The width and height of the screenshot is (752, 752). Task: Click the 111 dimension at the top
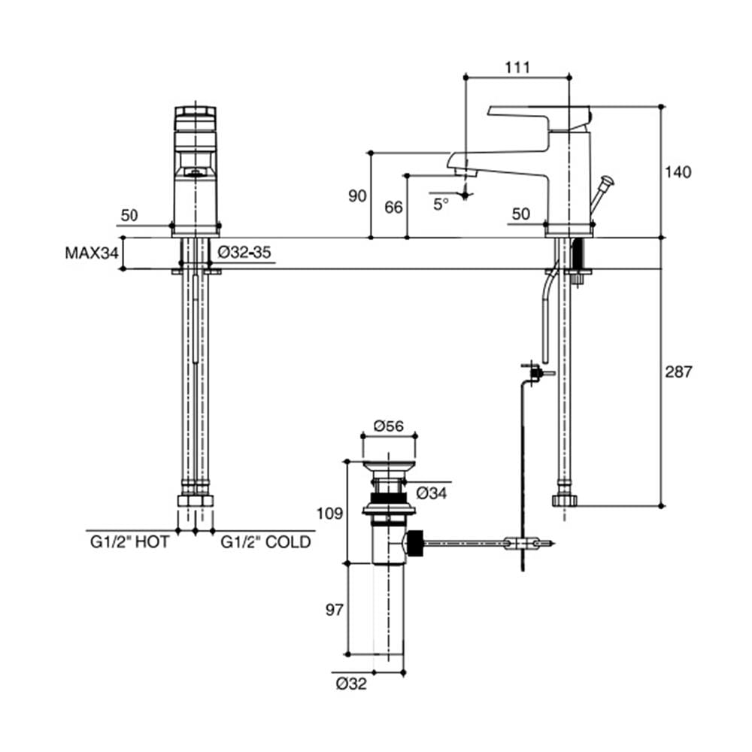[x=517, y=68]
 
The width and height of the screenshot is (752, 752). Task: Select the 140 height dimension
[x=678, y=171]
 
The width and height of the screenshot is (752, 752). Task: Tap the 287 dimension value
[x=678, y=371]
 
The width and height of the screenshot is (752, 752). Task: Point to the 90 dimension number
[x=357, y=196]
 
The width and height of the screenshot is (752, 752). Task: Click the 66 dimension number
[x=394, y=208]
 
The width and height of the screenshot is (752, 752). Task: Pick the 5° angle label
[x=441, y=205]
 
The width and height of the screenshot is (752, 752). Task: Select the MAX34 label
[x=92, y=253]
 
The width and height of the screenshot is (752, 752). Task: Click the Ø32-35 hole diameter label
[x=244, y=252]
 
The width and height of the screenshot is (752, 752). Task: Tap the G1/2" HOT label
[x=129, y=542]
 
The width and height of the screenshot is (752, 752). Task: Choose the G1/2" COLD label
[x=265, y=542]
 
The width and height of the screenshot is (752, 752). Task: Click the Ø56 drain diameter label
[x=389, y=426]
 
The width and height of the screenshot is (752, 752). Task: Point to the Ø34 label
[x=431, y=493]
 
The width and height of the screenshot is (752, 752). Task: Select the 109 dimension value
[x=330, y=514]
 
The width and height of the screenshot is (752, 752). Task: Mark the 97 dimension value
[x=335, y=610]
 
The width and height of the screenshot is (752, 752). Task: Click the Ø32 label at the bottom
[x=351, y=684]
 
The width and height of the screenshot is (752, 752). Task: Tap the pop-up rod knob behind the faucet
[x=608, y=181]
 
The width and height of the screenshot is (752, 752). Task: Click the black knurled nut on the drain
[x=415, y=544]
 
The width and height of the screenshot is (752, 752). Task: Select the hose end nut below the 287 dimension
[x=565, y=501]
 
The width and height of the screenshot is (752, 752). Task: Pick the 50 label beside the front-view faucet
[x=129, y=215]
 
